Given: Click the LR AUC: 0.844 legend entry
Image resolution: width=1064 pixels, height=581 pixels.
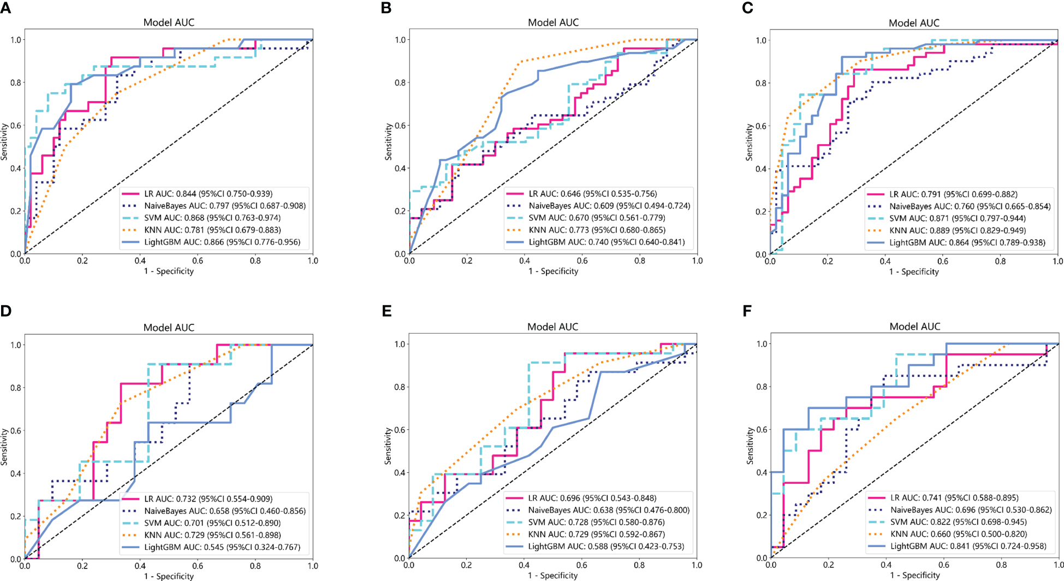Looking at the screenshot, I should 208,194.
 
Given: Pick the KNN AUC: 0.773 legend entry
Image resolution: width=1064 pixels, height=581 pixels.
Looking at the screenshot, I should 597,230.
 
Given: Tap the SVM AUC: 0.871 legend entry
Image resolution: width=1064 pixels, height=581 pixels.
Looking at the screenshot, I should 957,218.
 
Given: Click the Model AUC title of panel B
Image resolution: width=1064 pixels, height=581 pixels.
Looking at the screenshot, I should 553,22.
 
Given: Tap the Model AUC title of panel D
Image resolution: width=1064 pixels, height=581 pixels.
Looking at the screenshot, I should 169,328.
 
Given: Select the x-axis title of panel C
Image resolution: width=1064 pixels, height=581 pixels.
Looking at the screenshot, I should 914,271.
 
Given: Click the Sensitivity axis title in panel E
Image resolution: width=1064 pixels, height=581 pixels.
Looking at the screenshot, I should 388,446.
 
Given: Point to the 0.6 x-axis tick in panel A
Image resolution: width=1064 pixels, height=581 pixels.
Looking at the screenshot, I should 198,261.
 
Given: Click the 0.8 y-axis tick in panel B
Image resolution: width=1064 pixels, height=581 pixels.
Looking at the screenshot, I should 400,83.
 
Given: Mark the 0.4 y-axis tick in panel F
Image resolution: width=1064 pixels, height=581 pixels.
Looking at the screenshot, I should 761,472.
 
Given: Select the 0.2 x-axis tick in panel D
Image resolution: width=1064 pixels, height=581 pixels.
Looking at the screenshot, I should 82,566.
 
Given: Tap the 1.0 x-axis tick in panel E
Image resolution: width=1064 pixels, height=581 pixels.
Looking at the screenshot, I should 697,565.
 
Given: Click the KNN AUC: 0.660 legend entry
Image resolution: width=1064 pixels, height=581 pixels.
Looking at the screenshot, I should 959,534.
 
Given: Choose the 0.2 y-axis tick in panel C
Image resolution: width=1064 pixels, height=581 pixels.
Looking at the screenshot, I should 761,212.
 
